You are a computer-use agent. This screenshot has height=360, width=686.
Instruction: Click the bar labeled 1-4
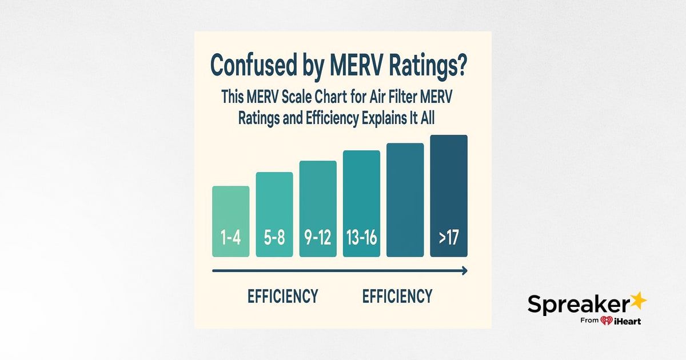[230, 221]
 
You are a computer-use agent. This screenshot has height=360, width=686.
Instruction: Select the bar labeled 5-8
[274, 214]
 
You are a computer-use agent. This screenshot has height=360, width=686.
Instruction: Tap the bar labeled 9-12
[318, 209]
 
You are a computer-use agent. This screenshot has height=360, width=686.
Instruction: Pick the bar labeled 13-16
[361, 203]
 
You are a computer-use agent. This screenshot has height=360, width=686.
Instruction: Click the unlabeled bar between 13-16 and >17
[405, 200]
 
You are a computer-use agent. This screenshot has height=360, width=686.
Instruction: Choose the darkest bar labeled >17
[449, 196]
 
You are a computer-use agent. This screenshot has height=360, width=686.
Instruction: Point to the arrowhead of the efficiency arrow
[465, 271]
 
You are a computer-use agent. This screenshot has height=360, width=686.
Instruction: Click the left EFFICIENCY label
[282, 296]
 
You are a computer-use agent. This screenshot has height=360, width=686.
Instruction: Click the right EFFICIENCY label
[397, 296]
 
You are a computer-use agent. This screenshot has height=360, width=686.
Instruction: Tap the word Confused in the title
[254, 65]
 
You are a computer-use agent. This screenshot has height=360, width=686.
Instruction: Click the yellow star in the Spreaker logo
[638, 301]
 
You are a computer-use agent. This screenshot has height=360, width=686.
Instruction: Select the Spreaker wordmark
[579, 304]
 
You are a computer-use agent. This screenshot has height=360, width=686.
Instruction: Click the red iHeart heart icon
[607, 321]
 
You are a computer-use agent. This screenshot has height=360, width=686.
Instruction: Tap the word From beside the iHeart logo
[589, 320]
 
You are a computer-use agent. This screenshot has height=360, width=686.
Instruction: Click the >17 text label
[449, 238]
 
